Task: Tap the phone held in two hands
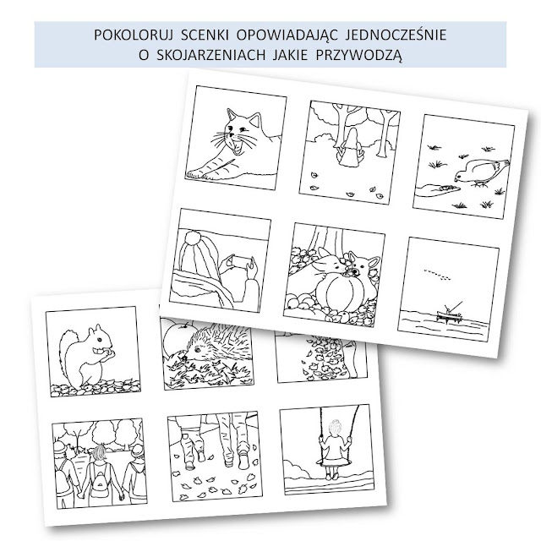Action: pos(239,261)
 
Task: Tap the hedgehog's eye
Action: pos(198,349)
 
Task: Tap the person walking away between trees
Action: pos(352,145)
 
